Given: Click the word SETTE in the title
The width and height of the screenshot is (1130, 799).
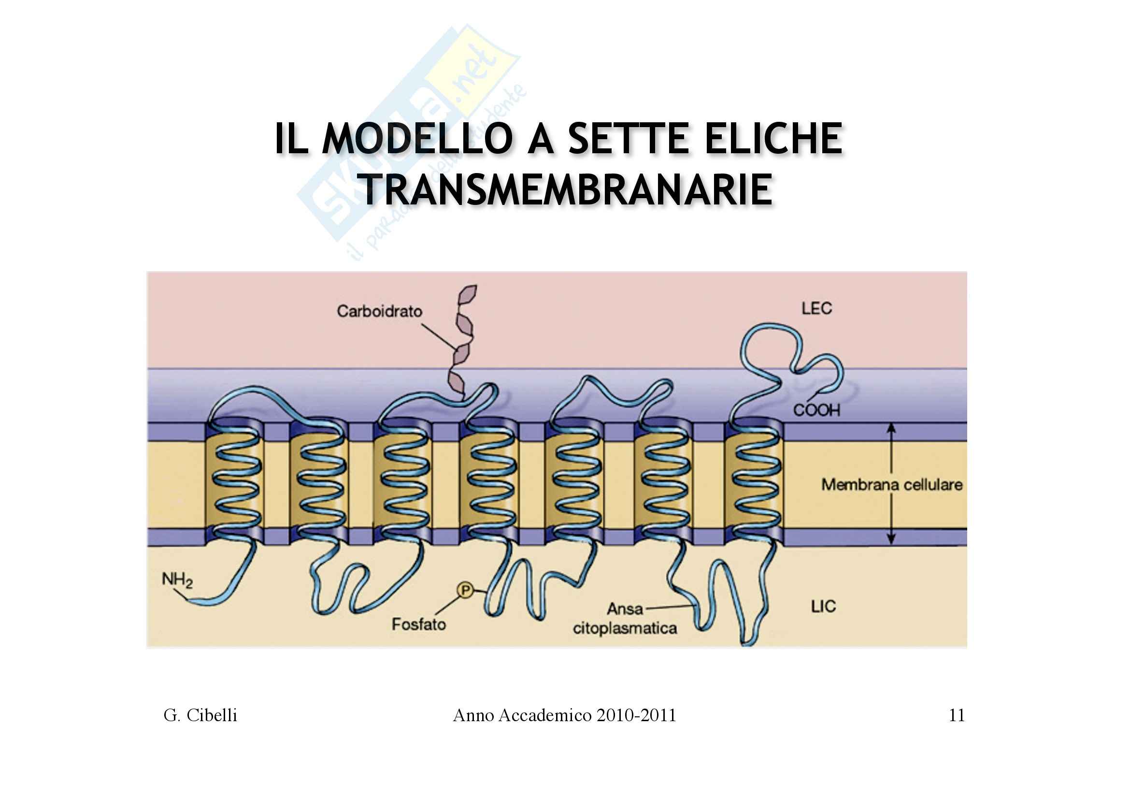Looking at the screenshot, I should (631, 139).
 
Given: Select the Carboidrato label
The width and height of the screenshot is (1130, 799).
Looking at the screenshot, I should (379, 312).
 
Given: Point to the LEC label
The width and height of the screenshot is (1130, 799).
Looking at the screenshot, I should (816, 309).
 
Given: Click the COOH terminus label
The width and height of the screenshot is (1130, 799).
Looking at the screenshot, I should (816, 409).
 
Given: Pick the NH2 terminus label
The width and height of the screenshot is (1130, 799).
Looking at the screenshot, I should (177, 581).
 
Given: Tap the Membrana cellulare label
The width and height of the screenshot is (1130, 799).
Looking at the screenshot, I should (891, 485).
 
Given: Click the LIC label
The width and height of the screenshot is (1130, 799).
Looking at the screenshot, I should (823, 607).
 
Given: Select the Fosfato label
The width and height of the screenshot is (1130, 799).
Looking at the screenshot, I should (418, 624).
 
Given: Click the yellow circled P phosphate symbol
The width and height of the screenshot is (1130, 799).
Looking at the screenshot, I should (465, 590).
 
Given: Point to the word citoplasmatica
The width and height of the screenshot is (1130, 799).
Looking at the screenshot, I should (625, 629).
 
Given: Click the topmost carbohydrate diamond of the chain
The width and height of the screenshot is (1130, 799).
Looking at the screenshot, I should (467, 295).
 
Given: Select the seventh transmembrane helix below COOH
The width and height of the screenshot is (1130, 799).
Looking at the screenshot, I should (754, 480).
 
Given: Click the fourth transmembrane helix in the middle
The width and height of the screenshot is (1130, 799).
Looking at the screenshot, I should (489, 480).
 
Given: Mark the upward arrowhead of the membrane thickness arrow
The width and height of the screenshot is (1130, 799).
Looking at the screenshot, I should (891, 428).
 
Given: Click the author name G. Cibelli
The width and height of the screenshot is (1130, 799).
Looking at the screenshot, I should (200, 715).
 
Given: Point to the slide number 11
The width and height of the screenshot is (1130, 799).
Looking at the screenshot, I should (957, 715).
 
